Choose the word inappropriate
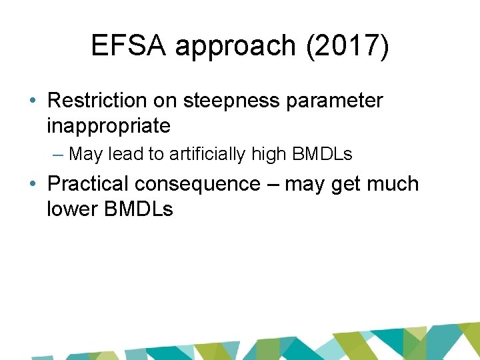pos(109,125)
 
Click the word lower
pos(72,209)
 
